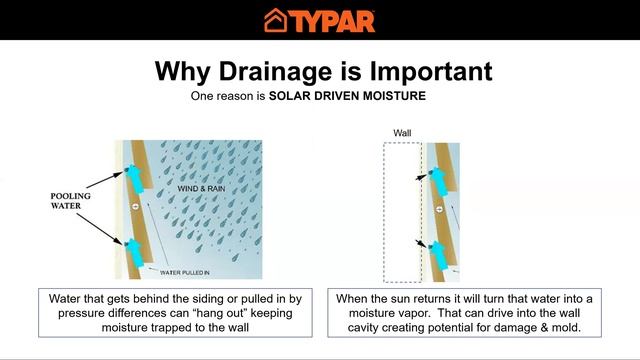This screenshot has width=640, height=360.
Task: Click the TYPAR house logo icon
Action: coord(277,20)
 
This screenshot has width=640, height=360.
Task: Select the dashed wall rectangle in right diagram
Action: coord(401,210)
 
